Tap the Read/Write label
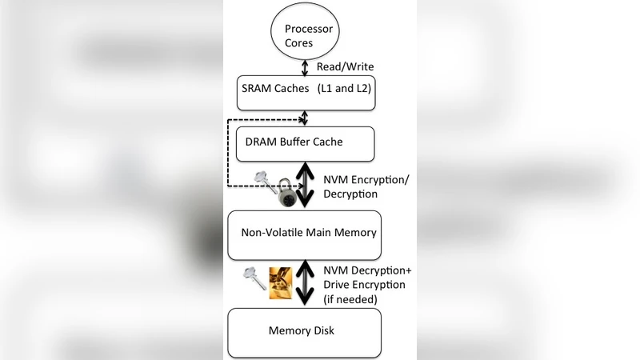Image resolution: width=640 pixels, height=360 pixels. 345,66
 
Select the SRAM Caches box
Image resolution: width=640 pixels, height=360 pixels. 307,94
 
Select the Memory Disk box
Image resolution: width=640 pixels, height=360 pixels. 305,332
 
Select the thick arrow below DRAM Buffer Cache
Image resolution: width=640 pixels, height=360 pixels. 305,186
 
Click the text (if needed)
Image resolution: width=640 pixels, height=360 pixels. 351,299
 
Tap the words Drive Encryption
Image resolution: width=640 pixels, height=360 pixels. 364,285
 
